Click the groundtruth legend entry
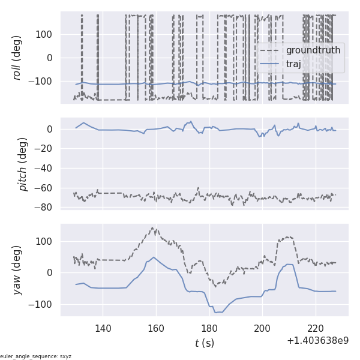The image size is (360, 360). pyautogui.click(x=313, y=50)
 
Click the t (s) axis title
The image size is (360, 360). pyautogui.click(x=204, y=343)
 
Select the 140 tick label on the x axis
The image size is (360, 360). pyautogui.click(x=103, y=328)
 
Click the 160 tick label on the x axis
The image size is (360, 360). pyautogui.click(x=156, y=328)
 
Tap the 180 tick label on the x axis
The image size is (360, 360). pyautogui.click(x=209, y=328)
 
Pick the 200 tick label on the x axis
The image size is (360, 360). pyautogui.click(x=263, y=328)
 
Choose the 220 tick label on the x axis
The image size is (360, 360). pyautogui.click(x=316, y=328)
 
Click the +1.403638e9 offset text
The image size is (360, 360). pyautogui.click(x=317, y=340)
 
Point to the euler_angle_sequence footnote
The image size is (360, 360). pyautogui.click(x=36, y=356)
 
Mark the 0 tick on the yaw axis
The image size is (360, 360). pyautogui.click(x=53, y=272)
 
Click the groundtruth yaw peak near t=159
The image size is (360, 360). pyautogui.click(x=153, y=228)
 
